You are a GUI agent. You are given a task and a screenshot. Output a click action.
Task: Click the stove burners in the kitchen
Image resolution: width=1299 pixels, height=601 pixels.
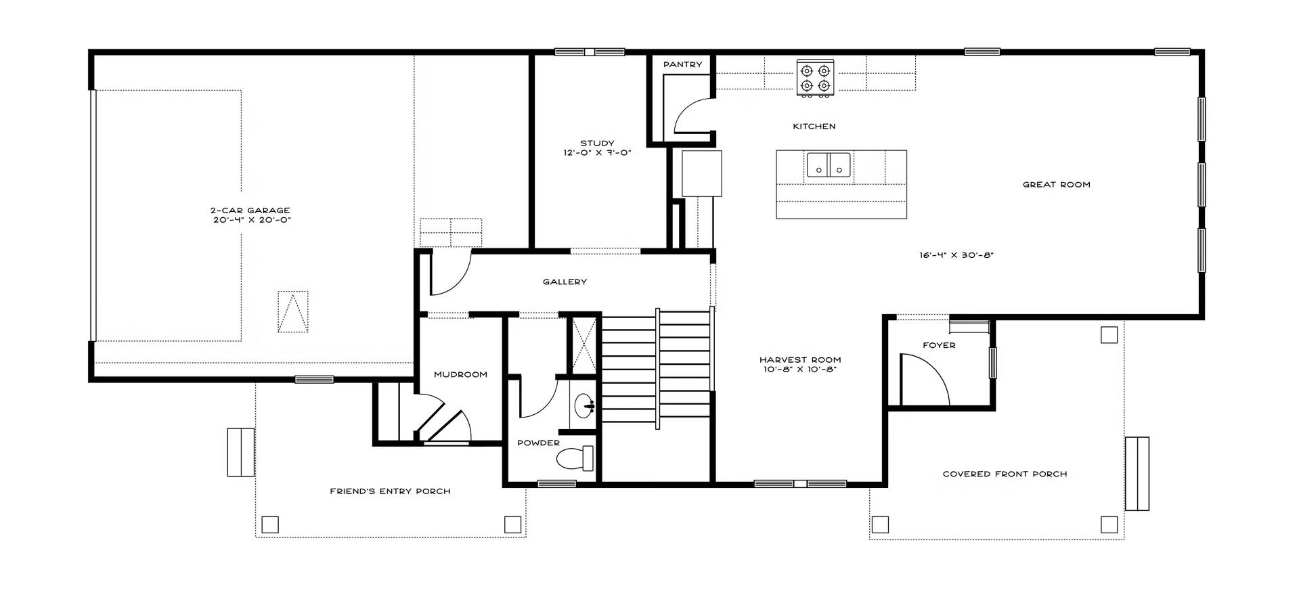pos(815,78)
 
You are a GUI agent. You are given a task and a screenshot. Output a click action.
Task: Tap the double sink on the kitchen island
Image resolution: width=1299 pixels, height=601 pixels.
pos(829,164)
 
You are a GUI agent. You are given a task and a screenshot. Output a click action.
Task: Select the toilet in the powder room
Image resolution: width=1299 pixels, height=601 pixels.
pos(575,459)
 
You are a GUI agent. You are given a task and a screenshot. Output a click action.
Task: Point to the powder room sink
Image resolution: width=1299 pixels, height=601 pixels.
pos(583,407)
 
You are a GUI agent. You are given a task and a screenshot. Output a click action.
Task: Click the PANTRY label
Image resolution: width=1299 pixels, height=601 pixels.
pos(682,64)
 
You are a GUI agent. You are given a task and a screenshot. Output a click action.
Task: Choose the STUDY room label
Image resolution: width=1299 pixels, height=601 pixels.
pos(597,143)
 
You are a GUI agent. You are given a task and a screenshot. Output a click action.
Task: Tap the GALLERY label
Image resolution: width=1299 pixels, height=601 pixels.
pos(565,282)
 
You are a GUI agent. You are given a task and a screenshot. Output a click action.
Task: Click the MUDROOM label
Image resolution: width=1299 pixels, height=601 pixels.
pos(460,374)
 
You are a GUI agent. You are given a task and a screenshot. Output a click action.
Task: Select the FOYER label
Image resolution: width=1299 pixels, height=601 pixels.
pos(939,345)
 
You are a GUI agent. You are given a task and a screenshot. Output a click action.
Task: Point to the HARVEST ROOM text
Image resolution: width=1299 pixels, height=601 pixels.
pos(800,360)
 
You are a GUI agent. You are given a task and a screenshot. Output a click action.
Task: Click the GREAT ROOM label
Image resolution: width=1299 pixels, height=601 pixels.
pos(1056,184)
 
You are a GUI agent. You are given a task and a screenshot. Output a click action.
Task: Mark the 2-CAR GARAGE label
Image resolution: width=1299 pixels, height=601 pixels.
pos(250,210)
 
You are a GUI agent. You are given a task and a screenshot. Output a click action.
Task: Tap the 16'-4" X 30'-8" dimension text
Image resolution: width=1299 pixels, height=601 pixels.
pos(956,256)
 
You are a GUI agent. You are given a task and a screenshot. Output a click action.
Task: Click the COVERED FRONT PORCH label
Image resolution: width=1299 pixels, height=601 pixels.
pos(1005,474)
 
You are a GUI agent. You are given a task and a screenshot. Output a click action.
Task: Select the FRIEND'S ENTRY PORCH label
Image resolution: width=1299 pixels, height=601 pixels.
pos(390,491)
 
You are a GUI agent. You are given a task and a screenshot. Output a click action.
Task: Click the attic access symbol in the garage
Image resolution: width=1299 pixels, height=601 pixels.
pos(292,311)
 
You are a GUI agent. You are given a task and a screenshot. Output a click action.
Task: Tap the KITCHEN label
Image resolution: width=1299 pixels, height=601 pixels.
pos(814,126)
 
